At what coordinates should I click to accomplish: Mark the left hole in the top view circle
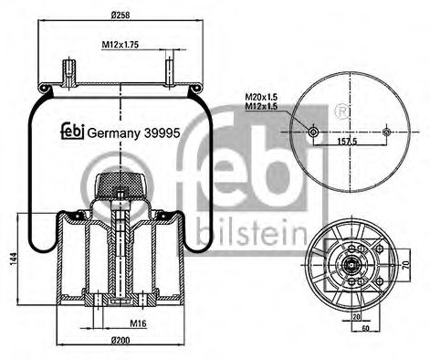tap(313, 132)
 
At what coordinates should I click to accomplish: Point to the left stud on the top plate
tap(68, 70)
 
